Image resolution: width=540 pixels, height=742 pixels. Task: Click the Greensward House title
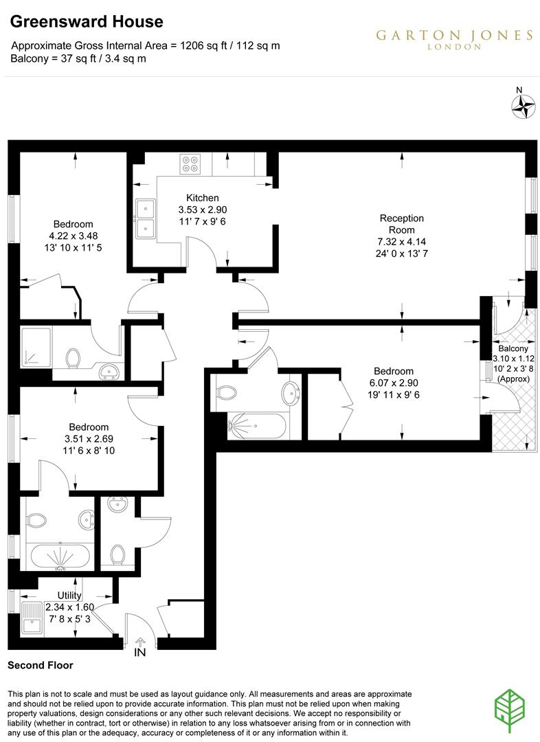coord(87,22)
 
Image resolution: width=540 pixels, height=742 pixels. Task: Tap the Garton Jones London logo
coord(454,39)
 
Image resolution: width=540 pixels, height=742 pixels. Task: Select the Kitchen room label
coord(203,197)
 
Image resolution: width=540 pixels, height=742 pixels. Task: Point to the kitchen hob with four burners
coord(190,164)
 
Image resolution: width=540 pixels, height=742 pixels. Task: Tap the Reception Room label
coord(402,224)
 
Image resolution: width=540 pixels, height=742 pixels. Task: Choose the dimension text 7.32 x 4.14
coord(402,243)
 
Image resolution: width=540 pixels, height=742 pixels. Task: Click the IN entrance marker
coord(140,652)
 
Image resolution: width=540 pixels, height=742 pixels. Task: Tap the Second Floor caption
coord(40,665)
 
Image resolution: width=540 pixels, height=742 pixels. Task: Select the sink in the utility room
coord(32,616)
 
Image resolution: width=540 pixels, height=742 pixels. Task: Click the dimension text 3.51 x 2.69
coord(87,438)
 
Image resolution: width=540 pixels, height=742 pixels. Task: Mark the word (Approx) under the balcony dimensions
coord(513,379)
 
